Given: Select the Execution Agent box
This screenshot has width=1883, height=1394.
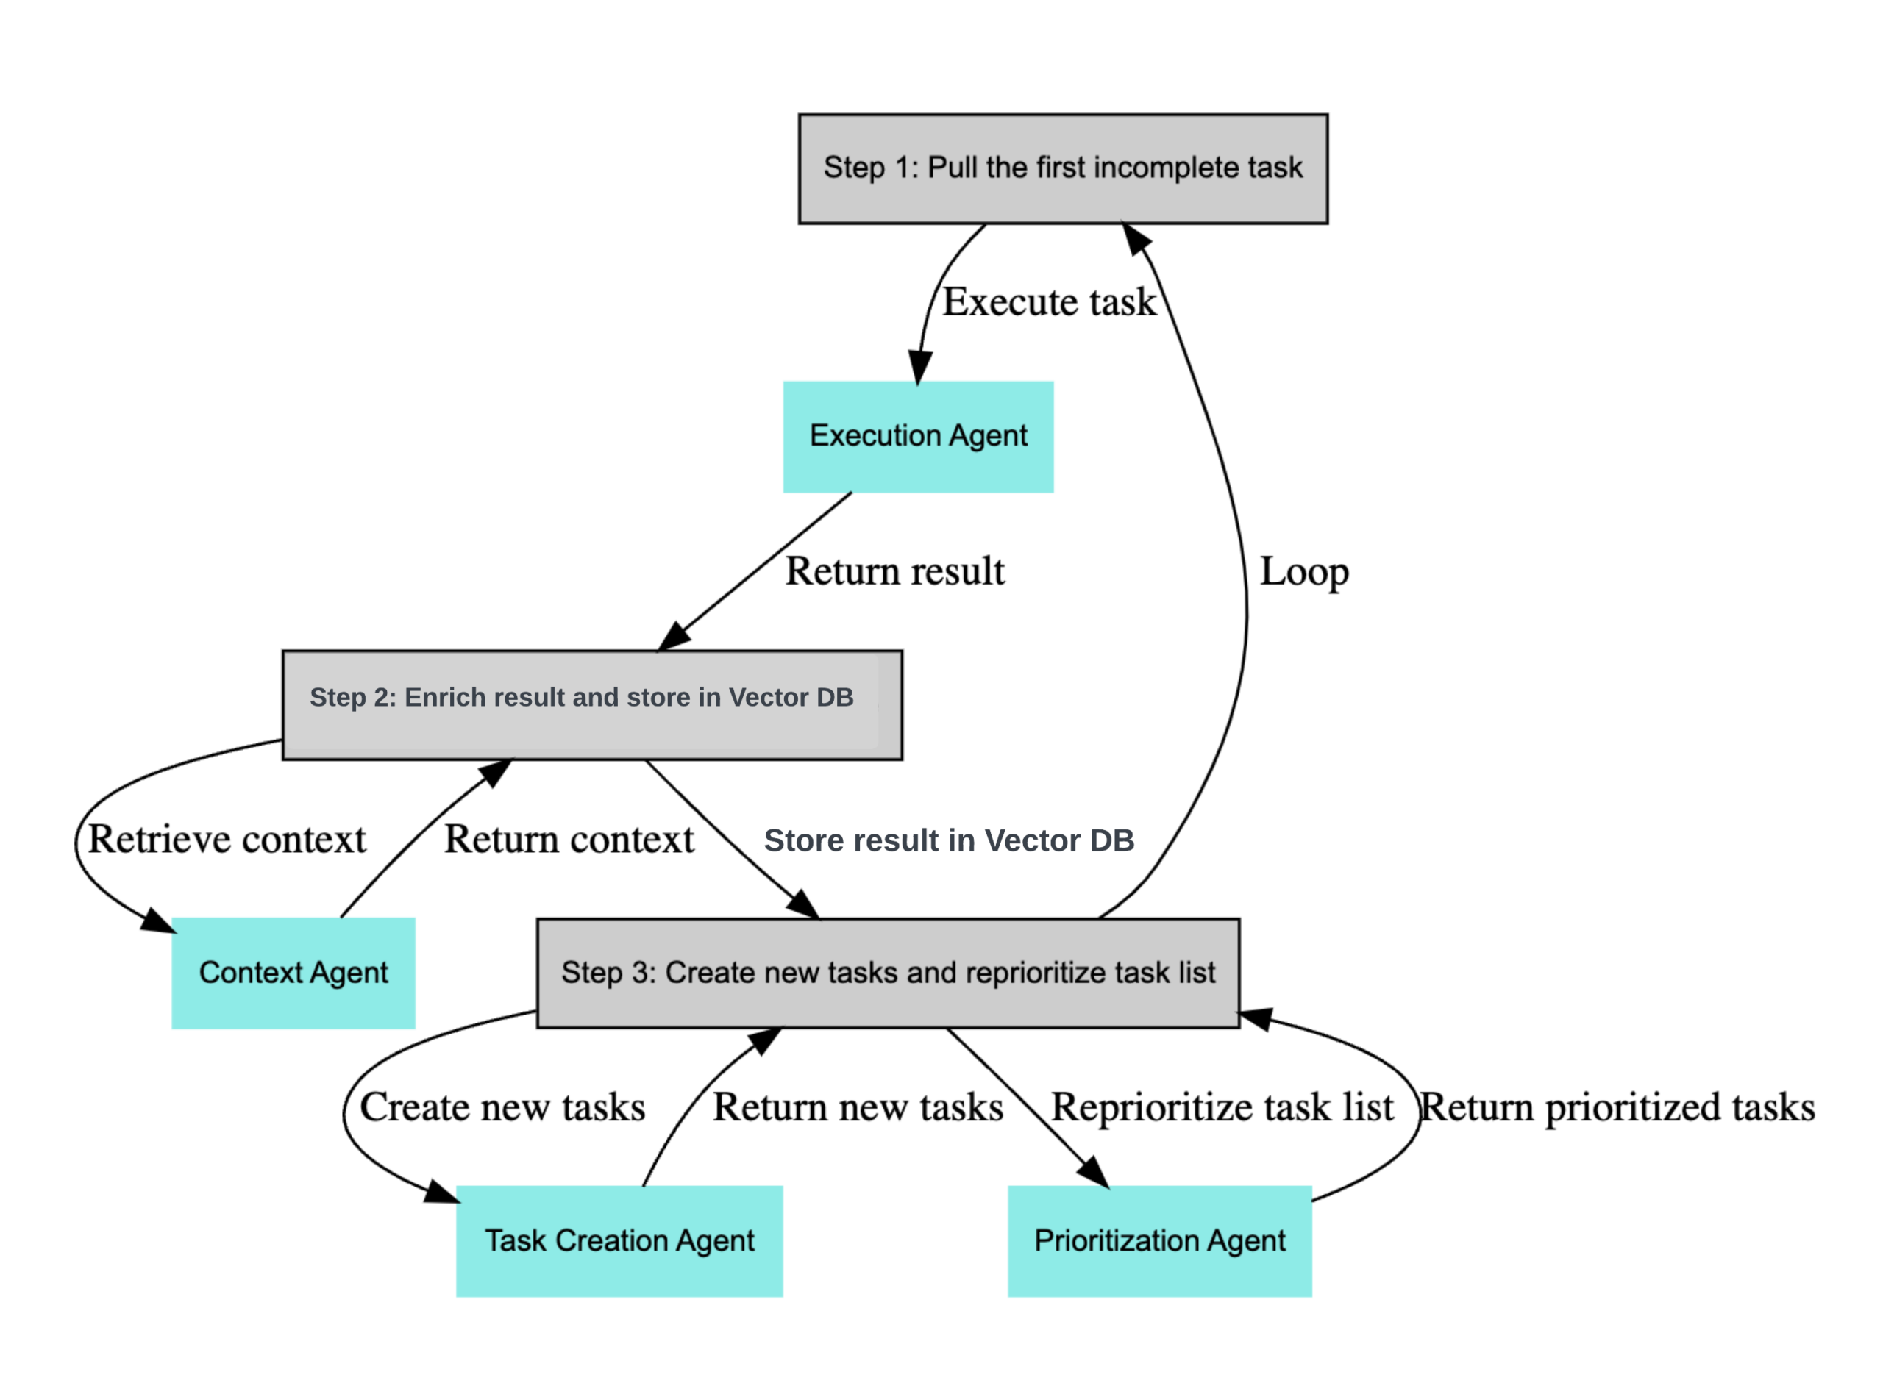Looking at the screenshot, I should coord(917,436).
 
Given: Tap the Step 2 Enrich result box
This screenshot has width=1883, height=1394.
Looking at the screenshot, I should coord(591,704).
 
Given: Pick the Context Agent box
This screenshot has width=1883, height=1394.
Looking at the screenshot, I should coord(293,973).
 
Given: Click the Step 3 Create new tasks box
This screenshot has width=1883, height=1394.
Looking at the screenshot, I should coord(888,973).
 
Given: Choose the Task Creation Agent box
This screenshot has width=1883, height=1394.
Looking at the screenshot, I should coord(619,1241).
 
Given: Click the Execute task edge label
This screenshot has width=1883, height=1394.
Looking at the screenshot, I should coord(1048,302).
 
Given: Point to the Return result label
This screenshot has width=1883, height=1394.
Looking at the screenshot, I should coord(894,571).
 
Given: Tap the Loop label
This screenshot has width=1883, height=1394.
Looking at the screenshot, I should coord(1303,571).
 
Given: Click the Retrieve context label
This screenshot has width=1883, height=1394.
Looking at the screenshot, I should coord(227,840).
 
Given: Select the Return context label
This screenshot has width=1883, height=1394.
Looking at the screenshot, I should coord(569,840).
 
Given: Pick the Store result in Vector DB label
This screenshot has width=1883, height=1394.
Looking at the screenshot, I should coord(948,840).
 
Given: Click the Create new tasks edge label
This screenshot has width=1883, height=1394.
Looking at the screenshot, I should coord(502,1107).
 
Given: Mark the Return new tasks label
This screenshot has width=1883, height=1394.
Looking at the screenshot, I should coord(858,1107).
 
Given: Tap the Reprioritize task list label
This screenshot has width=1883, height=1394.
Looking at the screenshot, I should coord(1221,1107).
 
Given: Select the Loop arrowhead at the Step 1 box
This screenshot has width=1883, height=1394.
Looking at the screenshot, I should coord(1135,239).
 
